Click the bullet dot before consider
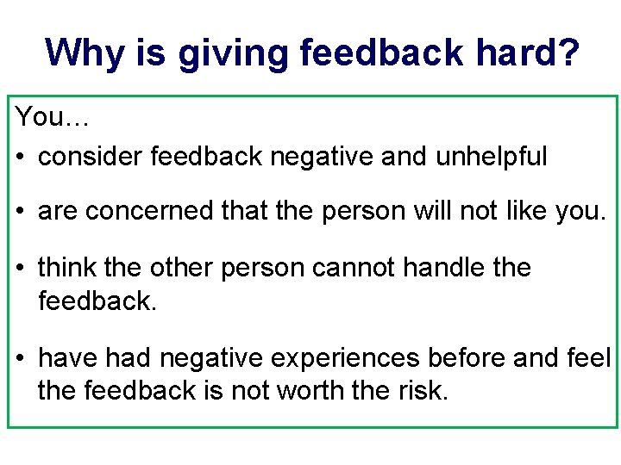click(22, 158)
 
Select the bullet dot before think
click(22, 269)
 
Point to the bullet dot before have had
click(22, 357)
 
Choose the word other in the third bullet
click(181, 268)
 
